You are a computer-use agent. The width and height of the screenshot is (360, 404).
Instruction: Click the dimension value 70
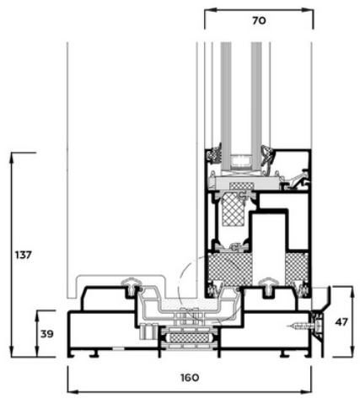tap(259, 21)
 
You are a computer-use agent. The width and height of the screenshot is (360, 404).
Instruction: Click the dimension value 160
tap(190, 377)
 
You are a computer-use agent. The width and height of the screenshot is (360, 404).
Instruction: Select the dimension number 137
tap(24, 256)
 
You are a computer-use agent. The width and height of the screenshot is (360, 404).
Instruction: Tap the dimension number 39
tap(47, 334)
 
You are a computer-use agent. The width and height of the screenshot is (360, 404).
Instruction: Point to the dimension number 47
tap(341, 322)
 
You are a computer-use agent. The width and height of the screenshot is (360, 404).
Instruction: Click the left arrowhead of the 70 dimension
tap(210, 10)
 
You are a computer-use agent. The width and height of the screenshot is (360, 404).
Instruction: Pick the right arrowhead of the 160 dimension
tap(306, 391)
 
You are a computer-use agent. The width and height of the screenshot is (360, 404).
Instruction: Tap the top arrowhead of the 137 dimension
tap(12, 158)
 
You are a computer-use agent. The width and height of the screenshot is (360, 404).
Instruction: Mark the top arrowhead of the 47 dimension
tap(352, 292)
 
